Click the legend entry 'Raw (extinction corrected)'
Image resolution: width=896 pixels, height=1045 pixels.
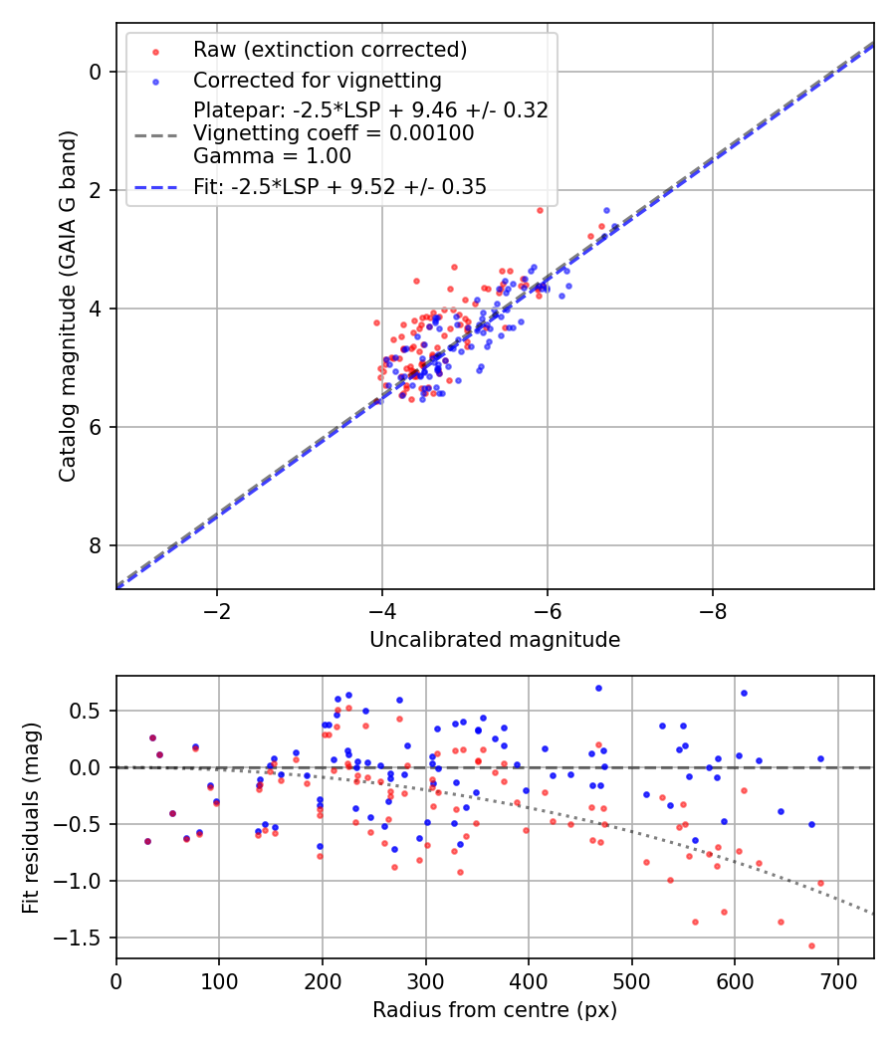(x=330, y=50)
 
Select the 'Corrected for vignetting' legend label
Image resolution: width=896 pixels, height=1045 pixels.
(x=317, y=80)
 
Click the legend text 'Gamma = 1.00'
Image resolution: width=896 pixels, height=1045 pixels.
(x=272, y=155)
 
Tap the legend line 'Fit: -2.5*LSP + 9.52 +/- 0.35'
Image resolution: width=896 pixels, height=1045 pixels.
(x=339, y=187)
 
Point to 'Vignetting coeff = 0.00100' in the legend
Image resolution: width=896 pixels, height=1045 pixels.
(x=334, y=132)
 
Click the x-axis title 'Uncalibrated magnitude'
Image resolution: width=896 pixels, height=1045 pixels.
(x=495, y=640)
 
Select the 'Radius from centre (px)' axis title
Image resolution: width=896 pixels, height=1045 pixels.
(x=495, y=1010)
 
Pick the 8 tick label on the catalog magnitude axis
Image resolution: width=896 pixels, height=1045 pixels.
(x=95, y=545)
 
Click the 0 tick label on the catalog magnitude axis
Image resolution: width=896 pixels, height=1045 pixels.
(x=95, y=72)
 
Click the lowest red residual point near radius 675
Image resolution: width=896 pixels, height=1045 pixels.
(x=811, y=945)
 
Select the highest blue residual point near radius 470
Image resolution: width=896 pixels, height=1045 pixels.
(x=598, y=688)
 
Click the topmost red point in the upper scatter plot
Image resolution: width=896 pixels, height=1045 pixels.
(x=540, y=210)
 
